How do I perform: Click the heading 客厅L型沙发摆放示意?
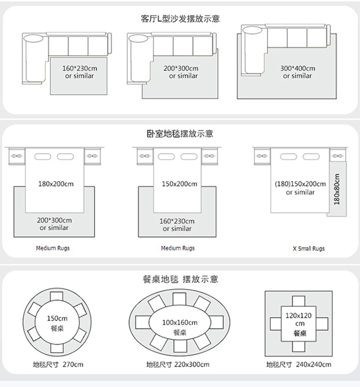180,19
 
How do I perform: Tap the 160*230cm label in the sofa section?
80,68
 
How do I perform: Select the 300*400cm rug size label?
298,68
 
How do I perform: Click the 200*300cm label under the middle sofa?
181,68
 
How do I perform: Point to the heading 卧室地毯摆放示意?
180,133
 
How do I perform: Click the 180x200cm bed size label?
56,184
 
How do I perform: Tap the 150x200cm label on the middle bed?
179,184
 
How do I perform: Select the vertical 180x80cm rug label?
337,189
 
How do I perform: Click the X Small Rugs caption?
309,249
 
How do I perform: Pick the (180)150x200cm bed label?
300,184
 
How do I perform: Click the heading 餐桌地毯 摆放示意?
180,279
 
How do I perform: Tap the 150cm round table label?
57,318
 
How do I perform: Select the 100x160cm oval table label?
180,322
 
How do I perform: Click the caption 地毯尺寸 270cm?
58,364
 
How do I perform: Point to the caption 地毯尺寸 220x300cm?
178,364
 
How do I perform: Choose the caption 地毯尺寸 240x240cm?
298,364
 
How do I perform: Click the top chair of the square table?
298,301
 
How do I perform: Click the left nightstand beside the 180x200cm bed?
17,156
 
